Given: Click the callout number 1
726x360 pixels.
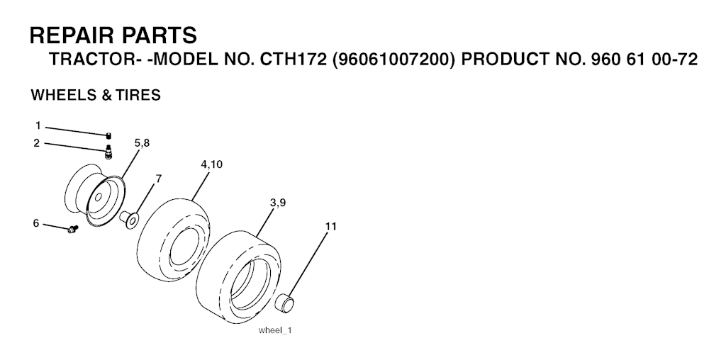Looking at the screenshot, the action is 38,125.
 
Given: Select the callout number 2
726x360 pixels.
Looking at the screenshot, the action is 37,143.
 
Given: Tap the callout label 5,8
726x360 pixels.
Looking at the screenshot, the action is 142,143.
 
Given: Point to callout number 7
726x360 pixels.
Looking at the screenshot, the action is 158,178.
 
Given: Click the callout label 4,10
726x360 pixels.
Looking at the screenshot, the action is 211,164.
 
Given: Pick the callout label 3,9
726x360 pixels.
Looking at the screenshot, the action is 277,202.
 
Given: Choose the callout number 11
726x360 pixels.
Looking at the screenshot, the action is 330,226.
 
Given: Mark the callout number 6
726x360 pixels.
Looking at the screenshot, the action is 35,223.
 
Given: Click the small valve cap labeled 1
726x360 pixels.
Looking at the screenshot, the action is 108,135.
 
